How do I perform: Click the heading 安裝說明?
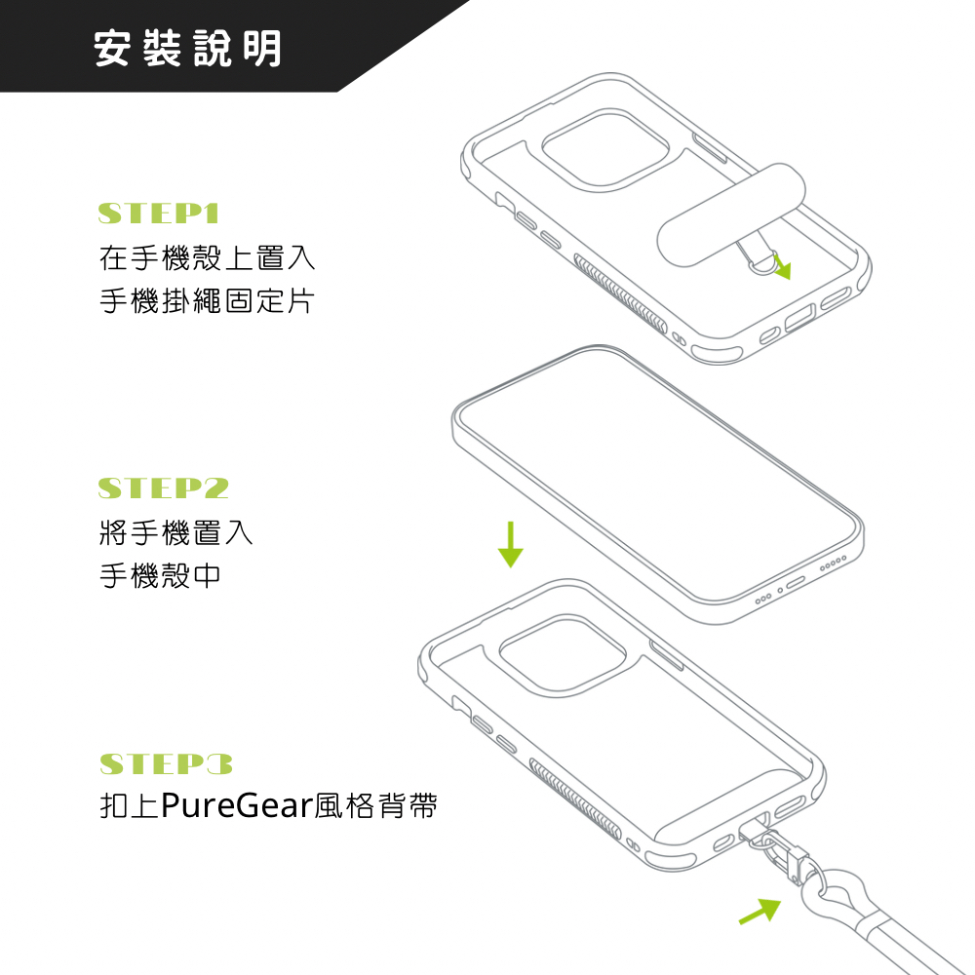(187, 48)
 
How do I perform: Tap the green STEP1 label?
(160, 214)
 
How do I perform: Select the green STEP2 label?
(164, 488)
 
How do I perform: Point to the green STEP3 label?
(167, 763)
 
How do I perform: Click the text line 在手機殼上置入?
(207, 258)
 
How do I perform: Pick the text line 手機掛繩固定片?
(207, 300)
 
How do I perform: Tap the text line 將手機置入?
(175, 532)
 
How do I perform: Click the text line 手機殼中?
(160, 575)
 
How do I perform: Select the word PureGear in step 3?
(234, 807)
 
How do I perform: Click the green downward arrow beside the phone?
(510, 544)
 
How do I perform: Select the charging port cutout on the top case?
(797, 320)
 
